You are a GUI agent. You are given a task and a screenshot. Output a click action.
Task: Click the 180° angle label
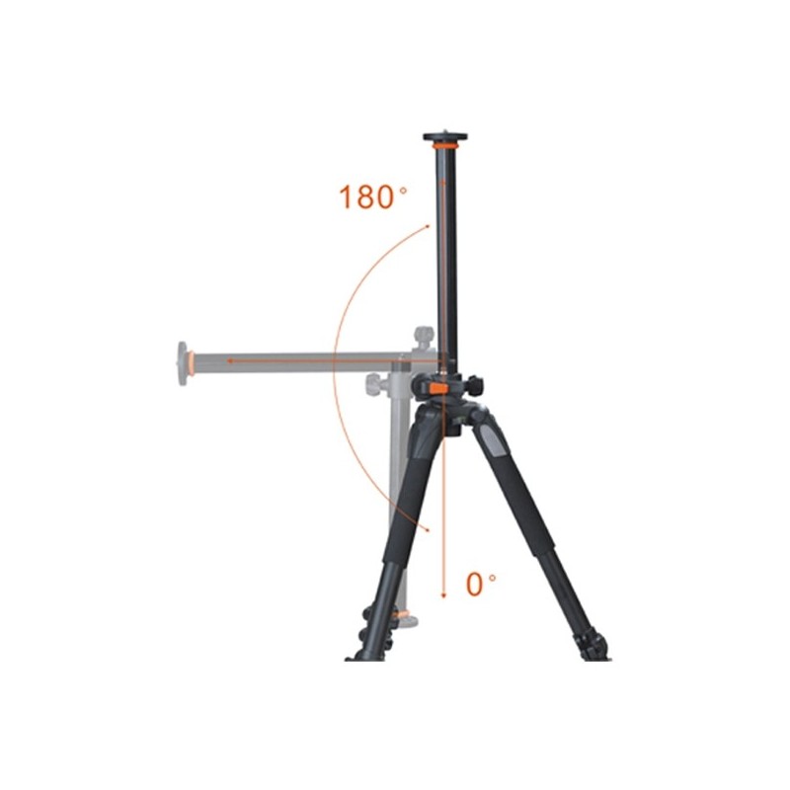(x=373, y=197)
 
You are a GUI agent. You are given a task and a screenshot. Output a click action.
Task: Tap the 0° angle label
(x=480, y=584)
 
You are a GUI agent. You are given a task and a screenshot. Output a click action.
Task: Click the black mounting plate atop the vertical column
(x=445, y=137)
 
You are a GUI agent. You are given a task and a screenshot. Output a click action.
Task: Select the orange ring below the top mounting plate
(x=445, y=145)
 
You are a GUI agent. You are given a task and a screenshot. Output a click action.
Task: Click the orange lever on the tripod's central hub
(x=438, y=389)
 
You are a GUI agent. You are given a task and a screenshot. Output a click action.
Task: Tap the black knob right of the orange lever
(x=473, y=385)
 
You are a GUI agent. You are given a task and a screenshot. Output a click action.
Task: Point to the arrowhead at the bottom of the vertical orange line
(x=443, y=595)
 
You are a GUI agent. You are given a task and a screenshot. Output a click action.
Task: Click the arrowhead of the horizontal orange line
(x=230, y=360)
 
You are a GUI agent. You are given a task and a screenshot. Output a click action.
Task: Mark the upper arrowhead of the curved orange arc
(x=427, y=227)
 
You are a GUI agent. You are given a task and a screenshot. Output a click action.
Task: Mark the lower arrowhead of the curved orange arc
(x=428, y=529)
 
